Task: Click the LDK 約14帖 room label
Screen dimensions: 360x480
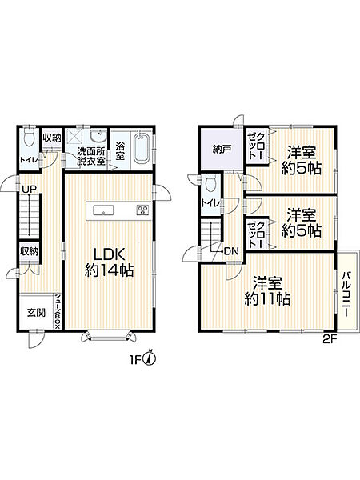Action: pos(109,262)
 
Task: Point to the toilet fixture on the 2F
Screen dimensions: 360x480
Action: pos(211,183)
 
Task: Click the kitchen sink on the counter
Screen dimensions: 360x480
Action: pos(103,210)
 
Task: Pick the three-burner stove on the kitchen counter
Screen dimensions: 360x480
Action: pos(142,210)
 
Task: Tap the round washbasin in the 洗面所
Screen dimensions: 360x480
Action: pos(98,136)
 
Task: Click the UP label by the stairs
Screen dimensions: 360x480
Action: pos(29,189)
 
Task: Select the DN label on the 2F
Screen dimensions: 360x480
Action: pos(231,251)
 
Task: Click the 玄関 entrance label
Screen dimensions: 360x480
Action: pos(37,313)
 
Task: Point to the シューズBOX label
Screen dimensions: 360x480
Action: pos(58,311)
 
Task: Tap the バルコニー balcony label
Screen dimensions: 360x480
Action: pos(346,294)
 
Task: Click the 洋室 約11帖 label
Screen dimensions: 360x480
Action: pos(267,291)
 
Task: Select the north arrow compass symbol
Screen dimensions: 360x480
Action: pos(150,358)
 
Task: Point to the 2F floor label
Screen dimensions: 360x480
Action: pos(330,338)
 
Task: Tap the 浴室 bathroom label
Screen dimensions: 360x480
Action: pos(120,150)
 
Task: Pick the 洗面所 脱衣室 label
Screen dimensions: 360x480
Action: pos(91,156)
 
